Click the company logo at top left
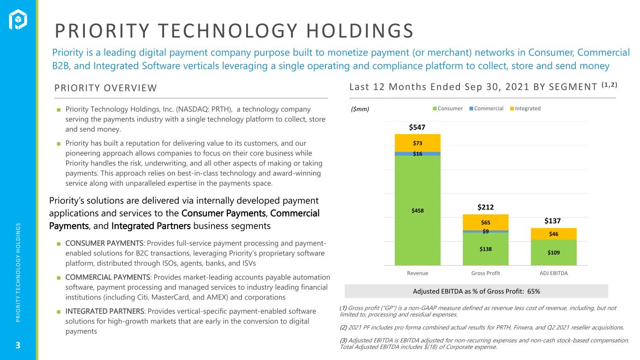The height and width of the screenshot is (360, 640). tap(18, 19)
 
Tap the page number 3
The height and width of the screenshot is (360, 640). tap(18, 345)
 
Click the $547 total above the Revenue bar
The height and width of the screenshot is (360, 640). tap(417, 127)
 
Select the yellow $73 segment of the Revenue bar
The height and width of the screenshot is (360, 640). tap(417, 143)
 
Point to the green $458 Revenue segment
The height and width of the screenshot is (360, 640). tap(417, 210)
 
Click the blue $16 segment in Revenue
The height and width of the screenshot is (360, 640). tap(417, 154)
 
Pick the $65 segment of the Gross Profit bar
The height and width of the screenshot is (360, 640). tap(485, 222)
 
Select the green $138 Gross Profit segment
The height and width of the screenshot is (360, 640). tap(485, 249)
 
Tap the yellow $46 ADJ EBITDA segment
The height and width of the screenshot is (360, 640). tap(553, 234)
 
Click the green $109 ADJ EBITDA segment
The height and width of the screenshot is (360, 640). tap(553, 252)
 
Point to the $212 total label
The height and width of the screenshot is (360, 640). tap(485, 207)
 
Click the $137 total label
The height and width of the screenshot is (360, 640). tap(552, 221)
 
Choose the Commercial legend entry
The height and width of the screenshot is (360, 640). tap(486, 109)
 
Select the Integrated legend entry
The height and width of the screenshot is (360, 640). tap(525, 109)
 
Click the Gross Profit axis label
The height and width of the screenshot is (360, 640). tap(485, 273)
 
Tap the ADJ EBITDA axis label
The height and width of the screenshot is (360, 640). tap(553, 273)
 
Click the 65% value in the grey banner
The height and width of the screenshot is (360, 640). tap(534, 292)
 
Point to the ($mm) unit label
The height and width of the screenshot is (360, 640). tap(360, 109)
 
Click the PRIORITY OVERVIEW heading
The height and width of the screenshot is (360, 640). tap(105, 88)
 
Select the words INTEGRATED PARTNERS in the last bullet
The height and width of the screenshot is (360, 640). tap(105, 311)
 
